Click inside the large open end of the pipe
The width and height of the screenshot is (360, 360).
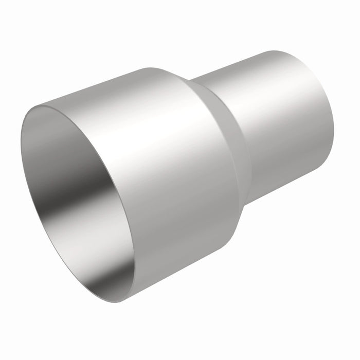(77, 195)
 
